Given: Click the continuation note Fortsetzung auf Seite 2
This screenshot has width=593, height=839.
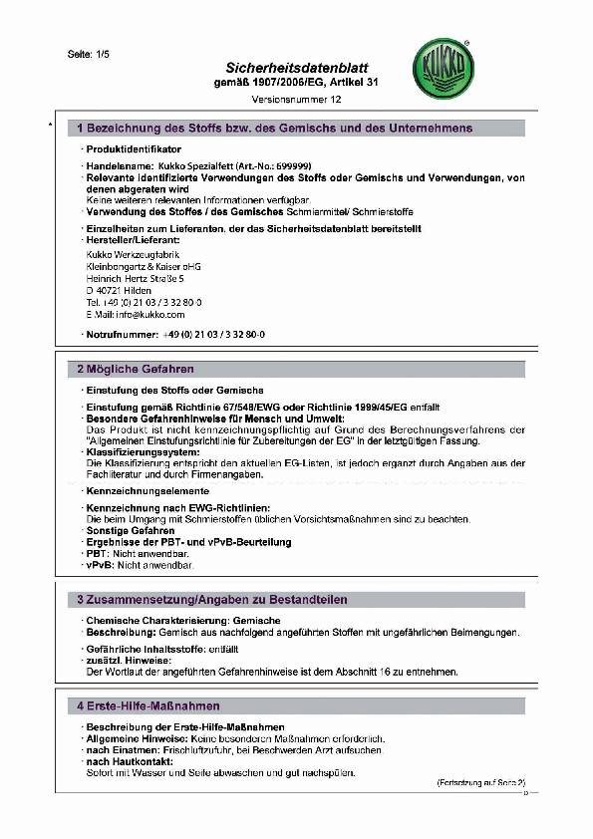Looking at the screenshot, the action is coord(481,785).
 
